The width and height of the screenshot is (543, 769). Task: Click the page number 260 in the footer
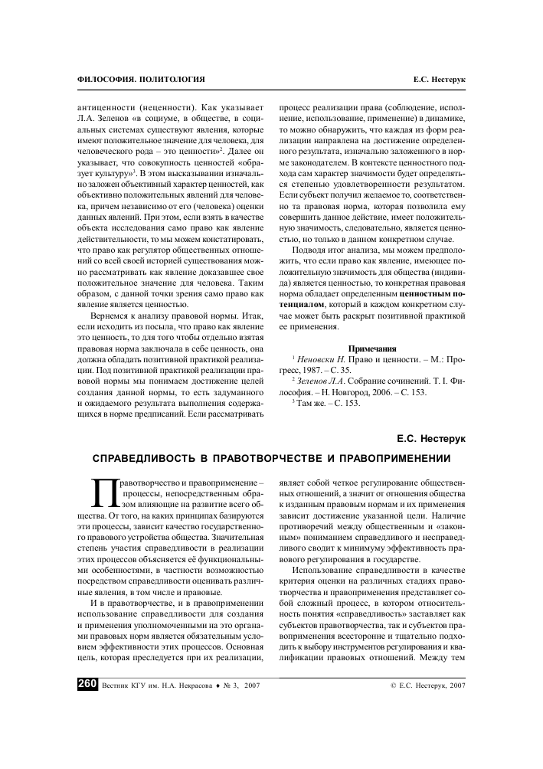(x=87, y=685)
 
